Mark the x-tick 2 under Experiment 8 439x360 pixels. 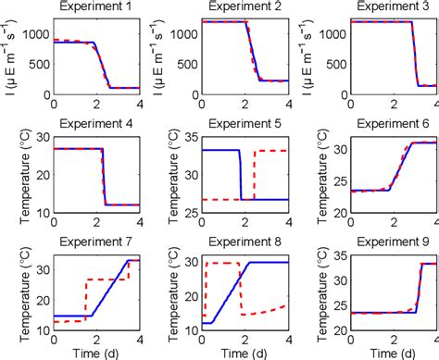pos(243,340)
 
